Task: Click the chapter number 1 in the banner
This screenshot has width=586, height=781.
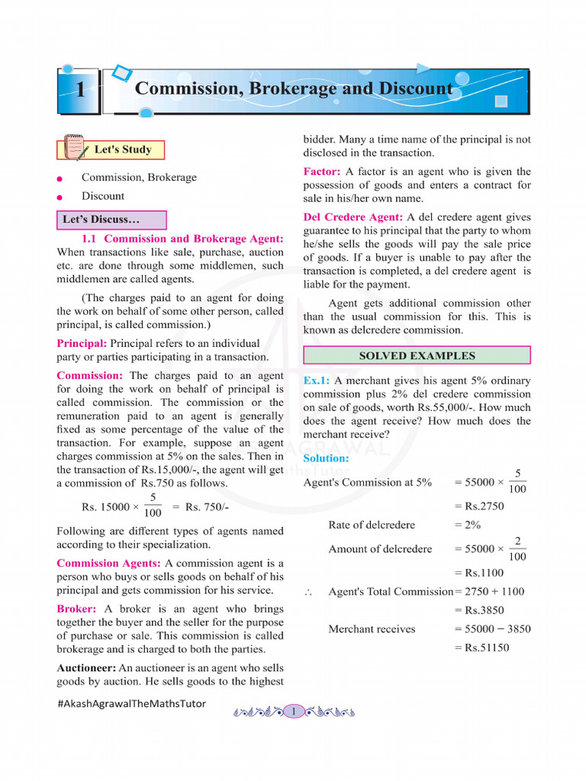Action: pos(79,90)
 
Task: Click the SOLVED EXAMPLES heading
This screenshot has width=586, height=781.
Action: pos(417,355)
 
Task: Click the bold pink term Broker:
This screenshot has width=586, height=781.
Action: pos(76,609)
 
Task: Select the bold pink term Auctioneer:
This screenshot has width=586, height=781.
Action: pos(86,667)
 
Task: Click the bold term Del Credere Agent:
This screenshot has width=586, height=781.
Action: pos(353,217)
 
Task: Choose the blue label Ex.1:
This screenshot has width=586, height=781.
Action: pos(317,380)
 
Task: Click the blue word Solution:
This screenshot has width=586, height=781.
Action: pos(326,458)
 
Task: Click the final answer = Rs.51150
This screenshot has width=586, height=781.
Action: pos(481,648)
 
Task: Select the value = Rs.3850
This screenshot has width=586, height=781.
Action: pos(479,610)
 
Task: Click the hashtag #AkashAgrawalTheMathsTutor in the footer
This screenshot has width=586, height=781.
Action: pos(131,703)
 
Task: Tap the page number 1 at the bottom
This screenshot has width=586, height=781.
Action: pos(294,712)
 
